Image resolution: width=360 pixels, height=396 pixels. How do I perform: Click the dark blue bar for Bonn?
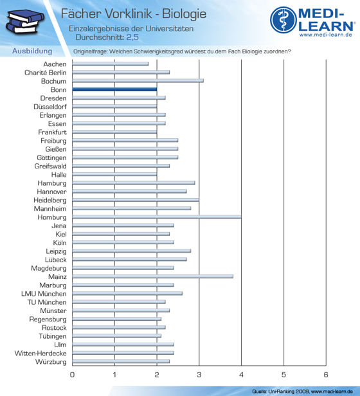[114, 89]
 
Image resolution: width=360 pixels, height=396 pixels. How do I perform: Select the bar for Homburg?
[157, 217]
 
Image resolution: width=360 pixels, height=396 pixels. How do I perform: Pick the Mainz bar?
[153, 276]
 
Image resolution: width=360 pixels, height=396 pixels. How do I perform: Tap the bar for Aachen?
[111, 64]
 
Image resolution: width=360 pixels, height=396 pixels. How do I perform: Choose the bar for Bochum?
[138, 81]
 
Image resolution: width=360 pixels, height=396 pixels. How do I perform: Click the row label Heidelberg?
[50, 201]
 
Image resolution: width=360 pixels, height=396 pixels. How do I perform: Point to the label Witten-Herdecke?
[40, 354]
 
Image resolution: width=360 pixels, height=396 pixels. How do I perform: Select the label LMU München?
[44, 294]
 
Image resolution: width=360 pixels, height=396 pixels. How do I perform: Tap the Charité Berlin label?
[46, 73]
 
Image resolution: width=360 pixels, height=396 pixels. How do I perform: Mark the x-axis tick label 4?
[241, 375]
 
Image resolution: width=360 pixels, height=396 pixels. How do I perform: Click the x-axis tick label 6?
[326, 375]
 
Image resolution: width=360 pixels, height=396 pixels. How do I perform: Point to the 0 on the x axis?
[72, 375]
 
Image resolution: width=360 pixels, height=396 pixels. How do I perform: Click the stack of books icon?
[25, 21]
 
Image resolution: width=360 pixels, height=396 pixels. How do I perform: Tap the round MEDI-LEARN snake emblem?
[283, 20]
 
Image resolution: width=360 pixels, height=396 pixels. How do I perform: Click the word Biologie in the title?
[184, 14]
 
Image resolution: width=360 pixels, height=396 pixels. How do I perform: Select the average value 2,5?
[132, 37]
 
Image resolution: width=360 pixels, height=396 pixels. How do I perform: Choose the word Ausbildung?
[32, 51]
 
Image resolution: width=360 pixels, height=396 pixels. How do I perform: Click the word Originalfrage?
[90, 51]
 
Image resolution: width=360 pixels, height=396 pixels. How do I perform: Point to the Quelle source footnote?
[302, 392]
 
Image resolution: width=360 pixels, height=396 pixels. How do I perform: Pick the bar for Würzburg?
[121, 362]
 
